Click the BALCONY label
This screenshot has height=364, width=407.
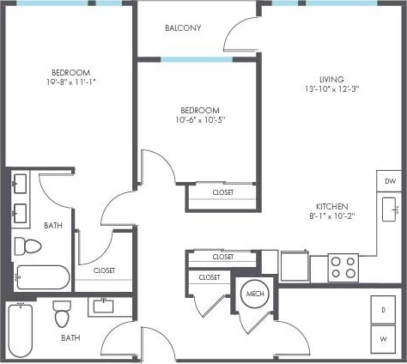pos(183,27)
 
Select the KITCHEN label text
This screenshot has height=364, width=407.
pos(331,206)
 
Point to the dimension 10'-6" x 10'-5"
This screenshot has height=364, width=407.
pos(200,120)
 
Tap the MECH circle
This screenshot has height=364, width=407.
pos(253,294)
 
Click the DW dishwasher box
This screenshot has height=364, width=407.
pos(389,181)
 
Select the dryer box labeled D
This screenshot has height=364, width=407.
pos(383,309)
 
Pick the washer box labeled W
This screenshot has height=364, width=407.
pos(383,338)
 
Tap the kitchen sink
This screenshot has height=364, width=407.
pos(389,209)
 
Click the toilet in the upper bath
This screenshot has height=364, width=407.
pos(31,246)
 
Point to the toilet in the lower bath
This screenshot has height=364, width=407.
pos(63,314)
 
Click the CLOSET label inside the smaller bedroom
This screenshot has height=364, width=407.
pos(222,192)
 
